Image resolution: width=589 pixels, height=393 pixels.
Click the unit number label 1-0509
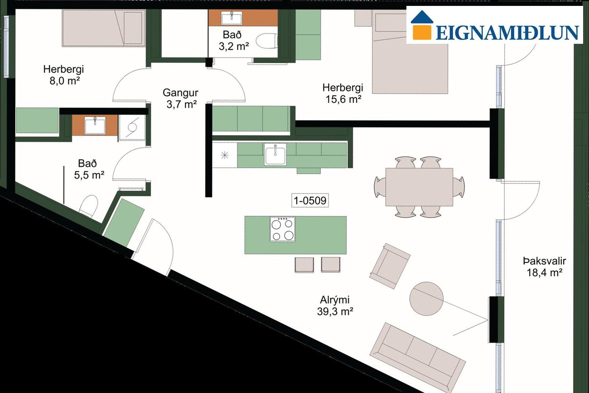click(x=310, y=200)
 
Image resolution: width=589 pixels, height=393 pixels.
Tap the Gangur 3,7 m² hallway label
click(x=181, y=98)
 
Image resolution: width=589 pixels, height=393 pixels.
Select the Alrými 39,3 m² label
click(x=335, y=306)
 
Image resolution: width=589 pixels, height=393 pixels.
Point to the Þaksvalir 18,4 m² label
click(x=544, y=267)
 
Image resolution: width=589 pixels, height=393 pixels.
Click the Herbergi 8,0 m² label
click(x=63, y=75)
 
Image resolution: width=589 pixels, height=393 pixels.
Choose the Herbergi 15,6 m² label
click(x=343, y=93)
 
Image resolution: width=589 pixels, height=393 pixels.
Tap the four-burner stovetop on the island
click(x=282, y=229)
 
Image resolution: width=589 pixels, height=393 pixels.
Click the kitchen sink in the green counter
click(x=275, y=155)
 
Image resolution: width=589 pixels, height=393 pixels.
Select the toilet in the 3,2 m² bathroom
click(x=266, y=41)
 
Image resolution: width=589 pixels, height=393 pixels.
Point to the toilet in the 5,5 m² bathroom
click(x=88, y=206)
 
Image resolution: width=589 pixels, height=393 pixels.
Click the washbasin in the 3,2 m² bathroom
click(x=232, y=18)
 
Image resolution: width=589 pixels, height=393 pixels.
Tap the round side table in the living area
click(x=426, y=299)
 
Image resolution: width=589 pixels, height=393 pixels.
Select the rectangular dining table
click(x=419, y=187)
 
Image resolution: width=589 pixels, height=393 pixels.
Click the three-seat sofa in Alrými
click(x=418, y=358)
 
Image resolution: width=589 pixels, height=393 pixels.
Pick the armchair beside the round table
click(x=390, y=266)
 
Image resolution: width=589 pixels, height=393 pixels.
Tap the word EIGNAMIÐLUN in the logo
click(x=507, y=33)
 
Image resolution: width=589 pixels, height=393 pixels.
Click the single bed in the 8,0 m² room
click(x=104, y=28)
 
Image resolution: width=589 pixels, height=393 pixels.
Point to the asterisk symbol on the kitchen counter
click(x=225, y=155)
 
